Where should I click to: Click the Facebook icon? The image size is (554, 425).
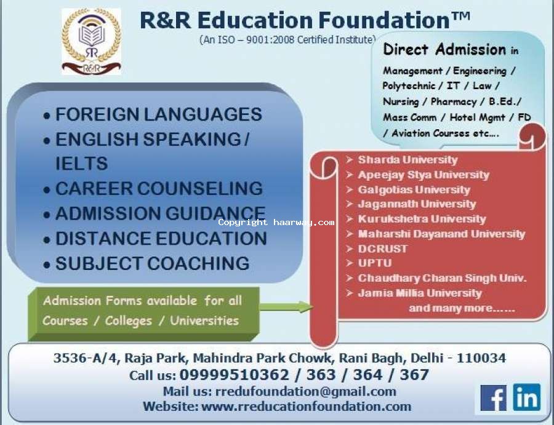493,398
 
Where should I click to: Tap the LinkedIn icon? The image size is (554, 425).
527,397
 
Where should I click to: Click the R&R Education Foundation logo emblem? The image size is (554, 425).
91,42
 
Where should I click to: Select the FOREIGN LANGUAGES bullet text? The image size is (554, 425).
159,114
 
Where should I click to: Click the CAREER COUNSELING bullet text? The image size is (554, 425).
159,188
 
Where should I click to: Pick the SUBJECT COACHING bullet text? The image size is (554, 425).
152,263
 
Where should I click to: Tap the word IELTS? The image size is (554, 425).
81,164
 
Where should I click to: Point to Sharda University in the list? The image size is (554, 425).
407,160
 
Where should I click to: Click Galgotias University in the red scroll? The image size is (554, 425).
414,189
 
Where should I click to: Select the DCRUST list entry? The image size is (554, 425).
383,248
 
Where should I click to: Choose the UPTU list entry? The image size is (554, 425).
374,263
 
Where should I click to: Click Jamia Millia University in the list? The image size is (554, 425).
420,293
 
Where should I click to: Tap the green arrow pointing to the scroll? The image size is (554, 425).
286,307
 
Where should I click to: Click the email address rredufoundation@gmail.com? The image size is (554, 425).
305,391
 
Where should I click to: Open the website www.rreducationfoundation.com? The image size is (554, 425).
306,407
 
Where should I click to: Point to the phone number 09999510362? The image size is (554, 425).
234,375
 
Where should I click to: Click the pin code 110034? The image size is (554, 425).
481,358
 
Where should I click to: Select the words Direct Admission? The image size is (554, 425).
444,49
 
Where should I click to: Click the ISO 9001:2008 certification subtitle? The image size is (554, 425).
287,39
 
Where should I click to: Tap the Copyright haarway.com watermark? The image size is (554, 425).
276,223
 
